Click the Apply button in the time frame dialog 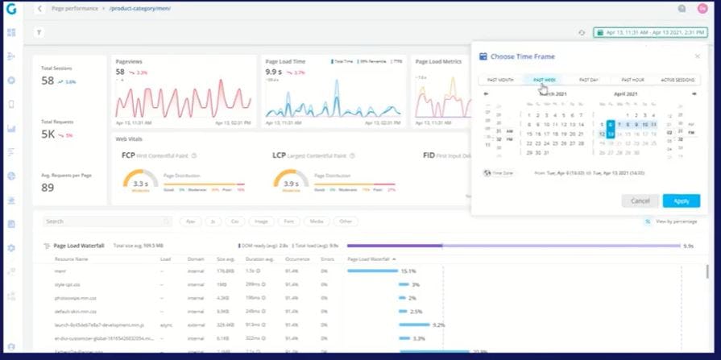(681, 201)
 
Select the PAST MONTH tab (500, 80)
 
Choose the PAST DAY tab (589, 80)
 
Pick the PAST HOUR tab (632, 80)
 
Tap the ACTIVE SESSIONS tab (677, 80)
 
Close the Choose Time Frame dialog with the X (697, 56)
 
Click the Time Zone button (499, 172)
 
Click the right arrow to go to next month (694, 94)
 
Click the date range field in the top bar (650, 32)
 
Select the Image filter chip (259, 221)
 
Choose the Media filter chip (317, 221)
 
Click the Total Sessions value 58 (48, 81)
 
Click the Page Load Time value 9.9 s (274, 72)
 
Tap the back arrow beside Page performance (39, 8)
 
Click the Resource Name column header (71, 259)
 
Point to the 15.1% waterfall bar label (408, 271)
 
